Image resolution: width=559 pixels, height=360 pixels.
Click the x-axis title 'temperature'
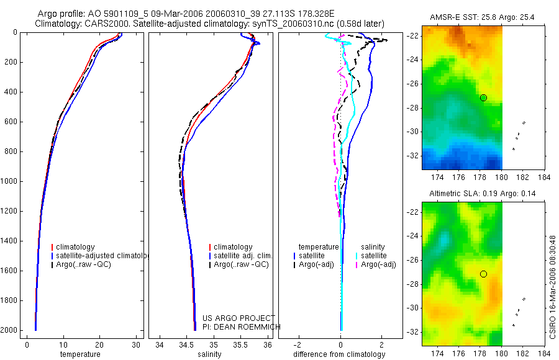80,354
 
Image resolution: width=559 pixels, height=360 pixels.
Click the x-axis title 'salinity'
209,354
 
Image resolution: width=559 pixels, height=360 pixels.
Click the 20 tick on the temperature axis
99,345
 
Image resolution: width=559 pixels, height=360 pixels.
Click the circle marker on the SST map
483,97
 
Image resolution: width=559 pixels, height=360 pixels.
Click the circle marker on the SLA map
483,274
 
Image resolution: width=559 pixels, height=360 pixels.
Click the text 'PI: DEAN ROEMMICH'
242,326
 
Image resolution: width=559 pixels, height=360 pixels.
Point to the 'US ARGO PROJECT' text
239,318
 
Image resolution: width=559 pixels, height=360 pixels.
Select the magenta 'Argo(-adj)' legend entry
378,264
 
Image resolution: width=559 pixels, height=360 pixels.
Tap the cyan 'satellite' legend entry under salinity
374,256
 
